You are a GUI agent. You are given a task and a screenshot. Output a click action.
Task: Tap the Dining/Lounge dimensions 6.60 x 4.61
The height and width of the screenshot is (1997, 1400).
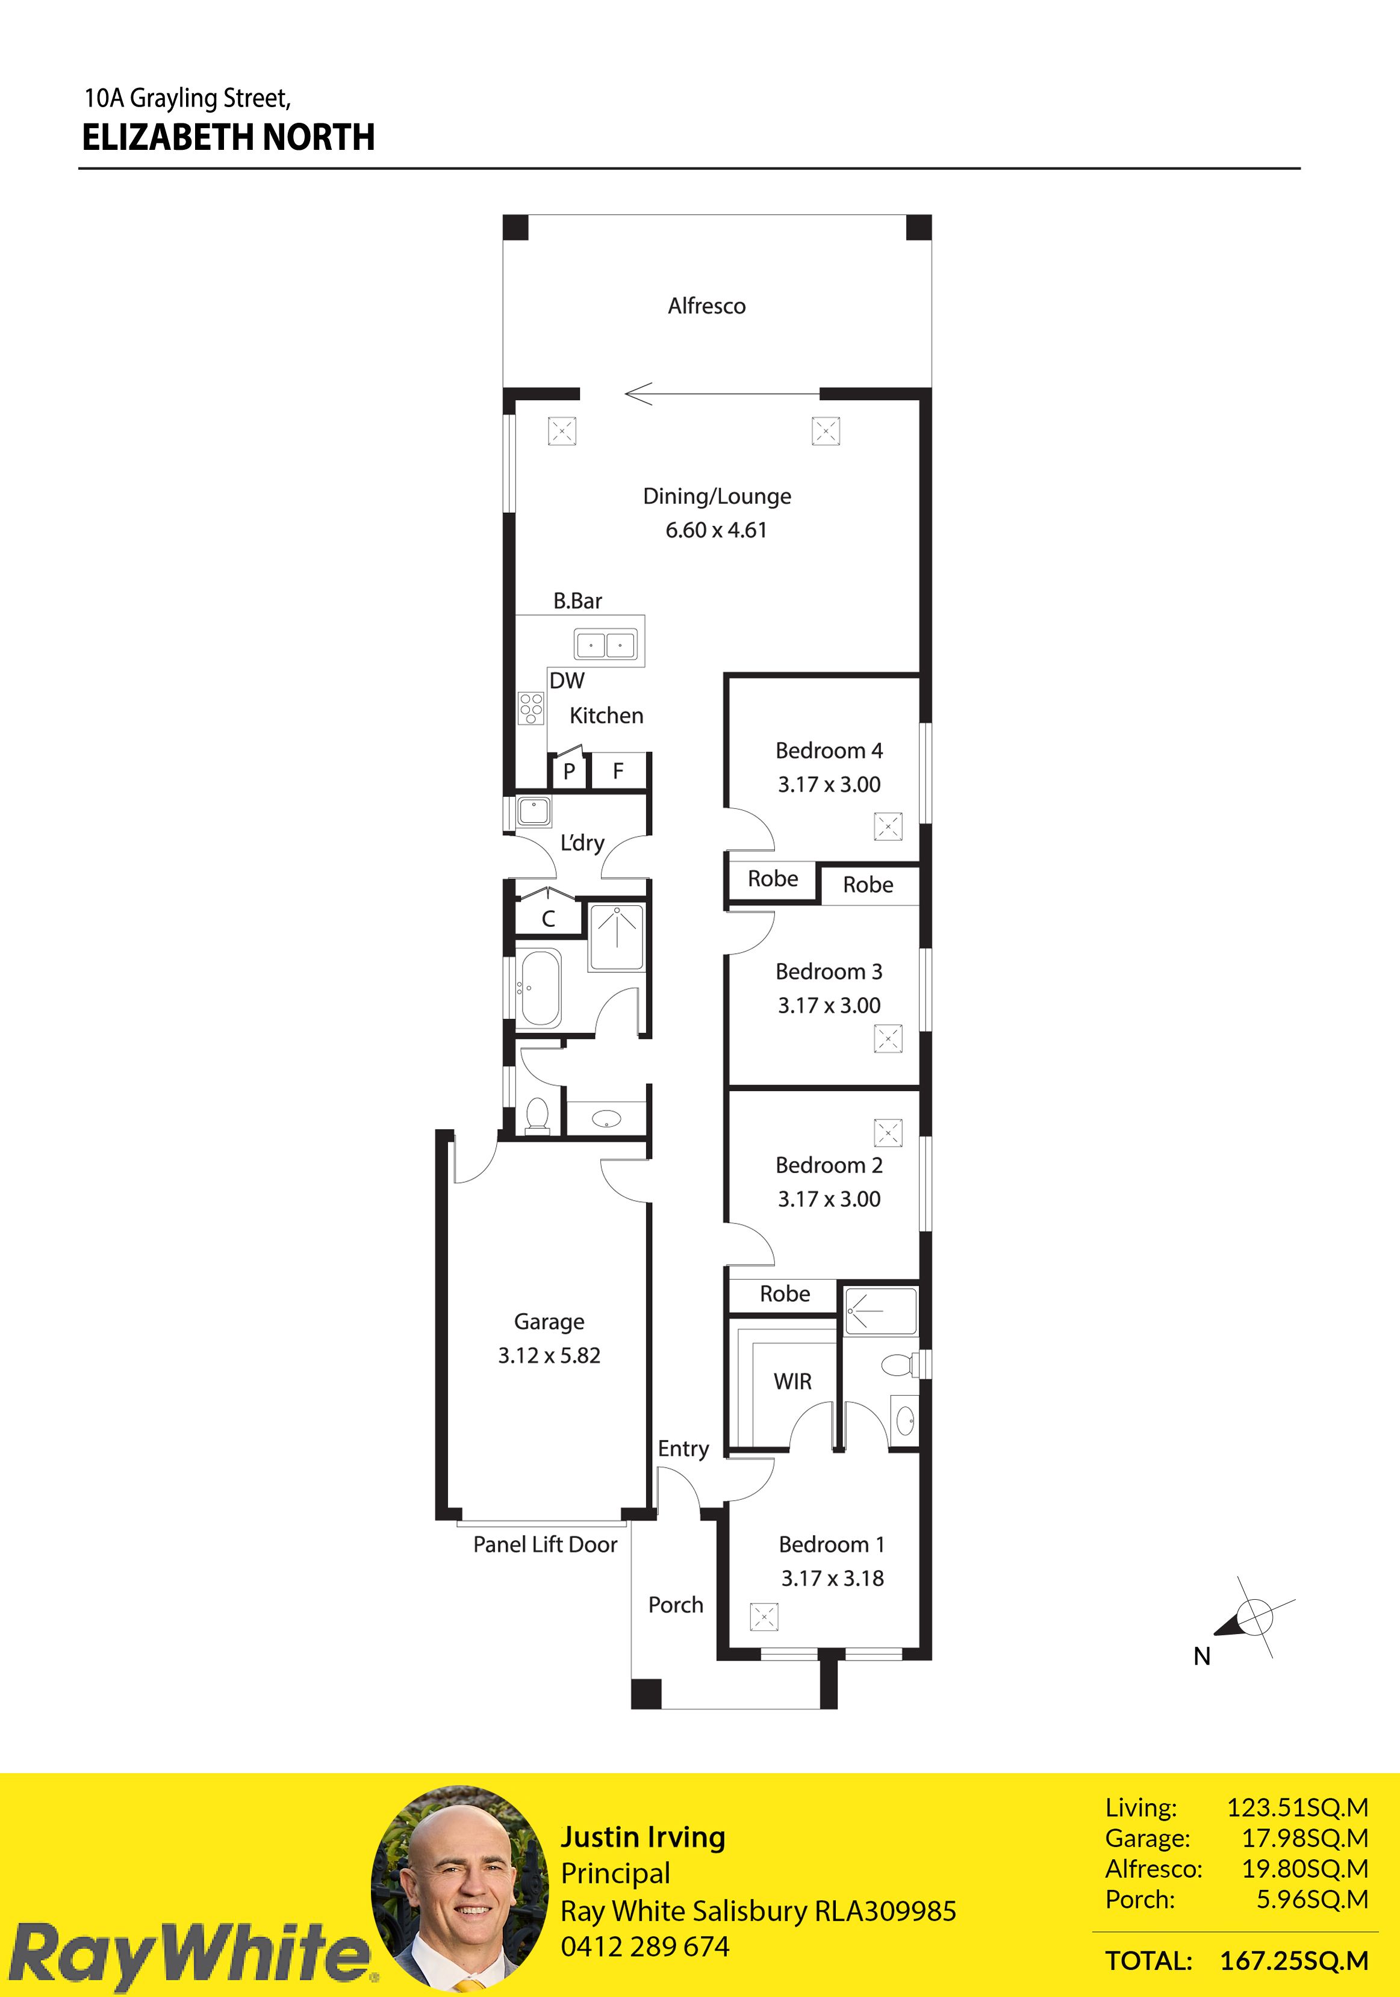716,530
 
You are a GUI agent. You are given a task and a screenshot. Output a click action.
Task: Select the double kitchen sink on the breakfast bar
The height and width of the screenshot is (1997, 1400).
606,645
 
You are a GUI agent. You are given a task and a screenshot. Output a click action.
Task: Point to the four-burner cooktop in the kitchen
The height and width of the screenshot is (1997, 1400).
530,708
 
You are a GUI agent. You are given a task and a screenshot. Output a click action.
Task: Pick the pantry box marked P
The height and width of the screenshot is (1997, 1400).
569,770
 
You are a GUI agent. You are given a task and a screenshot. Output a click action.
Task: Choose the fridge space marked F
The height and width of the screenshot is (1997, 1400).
618,770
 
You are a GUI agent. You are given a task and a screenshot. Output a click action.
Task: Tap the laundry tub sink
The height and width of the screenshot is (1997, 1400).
534,811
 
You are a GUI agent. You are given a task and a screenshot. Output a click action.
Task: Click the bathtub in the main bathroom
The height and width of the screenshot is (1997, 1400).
540,988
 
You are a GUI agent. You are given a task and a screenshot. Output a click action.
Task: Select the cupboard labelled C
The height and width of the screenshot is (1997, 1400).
548,918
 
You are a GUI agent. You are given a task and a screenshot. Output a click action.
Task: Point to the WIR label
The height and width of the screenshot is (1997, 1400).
792,1381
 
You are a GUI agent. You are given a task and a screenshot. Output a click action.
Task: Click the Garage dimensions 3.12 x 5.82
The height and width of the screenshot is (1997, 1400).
549,1355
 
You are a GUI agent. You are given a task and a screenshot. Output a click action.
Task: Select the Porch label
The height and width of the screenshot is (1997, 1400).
675,1605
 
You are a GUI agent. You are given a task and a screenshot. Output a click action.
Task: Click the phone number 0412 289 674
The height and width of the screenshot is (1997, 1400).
645,1946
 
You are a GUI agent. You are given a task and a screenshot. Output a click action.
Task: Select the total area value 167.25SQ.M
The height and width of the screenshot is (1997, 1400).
1294,1960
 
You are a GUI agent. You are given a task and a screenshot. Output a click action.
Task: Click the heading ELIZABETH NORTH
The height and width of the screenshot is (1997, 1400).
228,137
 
